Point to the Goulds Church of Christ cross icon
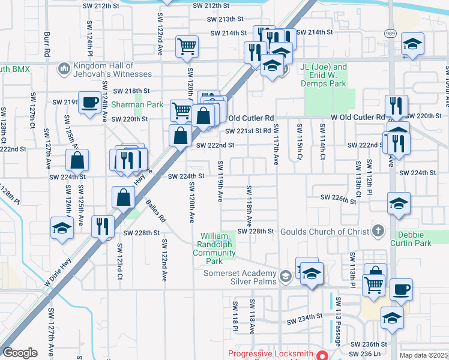tap(378, 230)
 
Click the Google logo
tap(20, 353)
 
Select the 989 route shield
tap(390, 35)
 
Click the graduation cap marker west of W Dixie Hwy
tap(62, 229)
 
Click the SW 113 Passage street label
tap(339, 322)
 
